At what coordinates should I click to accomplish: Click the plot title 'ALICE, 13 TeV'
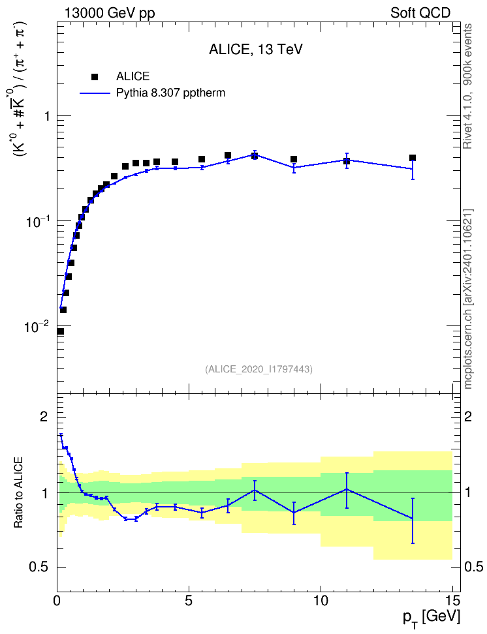click(x=255, y=50)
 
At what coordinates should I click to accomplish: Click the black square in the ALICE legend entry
click(x=95, y=76)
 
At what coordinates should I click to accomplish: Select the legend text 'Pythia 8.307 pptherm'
click(x=170, y=93)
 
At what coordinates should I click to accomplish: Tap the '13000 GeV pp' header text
click(x=110, y=13)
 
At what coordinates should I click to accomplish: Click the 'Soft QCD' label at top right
click(x=420, y=13)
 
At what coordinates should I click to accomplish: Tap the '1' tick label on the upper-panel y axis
click(x=47, y=116)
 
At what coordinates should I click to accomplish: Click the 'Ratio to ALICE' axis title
click(x=18, y=493)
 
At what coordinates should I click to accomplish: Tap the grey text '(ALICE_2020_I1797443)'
click(x=259, y=369)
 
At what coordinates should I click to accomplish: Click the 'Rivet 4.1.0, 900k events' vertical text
click(x=468, y=86)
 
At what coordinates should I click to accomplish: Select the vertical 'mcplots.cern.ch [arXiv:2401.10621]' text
click(x=468, y=299)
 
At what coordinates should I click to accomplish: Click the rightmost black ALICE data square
click(x=413, y=158)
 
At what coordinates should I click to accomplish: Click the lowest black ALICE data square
click(x=60, y=331)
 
